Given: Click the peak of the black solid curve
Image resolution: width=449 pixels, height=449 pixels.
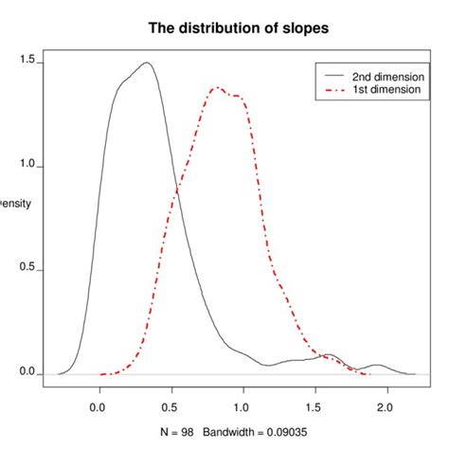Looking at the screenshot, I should [146, 63].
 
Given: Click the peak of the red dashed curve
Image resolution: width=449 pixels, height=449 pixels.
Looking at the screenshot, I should [217, 88].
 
